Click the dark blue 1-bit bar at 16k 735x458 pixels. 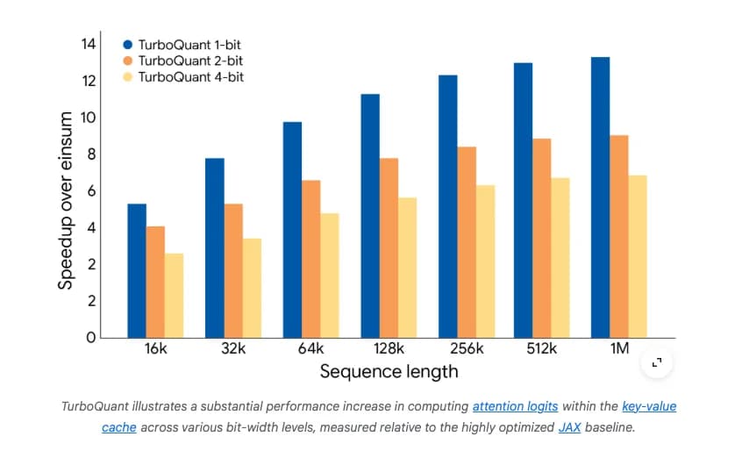pyautogui.click(x=137, y=270)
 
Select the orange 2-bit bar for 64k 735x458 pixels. pyautogui.click(x=311, y=259)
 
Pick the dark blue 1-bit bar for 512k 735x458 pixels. pyautogui.click(x=523, y=200)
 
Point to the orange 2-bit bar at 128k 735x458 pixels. pyautogui.click(x=389, y=247)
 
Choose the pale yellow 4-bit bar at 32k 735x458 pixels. pyautogui.click(x=252, y=288)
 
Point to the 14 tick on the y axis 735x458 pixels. pyautogui.click(x=87, y=44)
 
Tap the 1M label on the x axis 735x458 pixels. pyautogui.click(x=619, y=349)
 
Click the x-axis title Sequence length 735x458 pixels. pyautogui.click(x=389, y=371)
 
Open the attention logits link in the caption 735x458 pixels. pyautogui.click(x=515, y=407)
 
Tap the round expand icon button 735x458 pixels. pyautogui.click(x=657, y=362)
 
